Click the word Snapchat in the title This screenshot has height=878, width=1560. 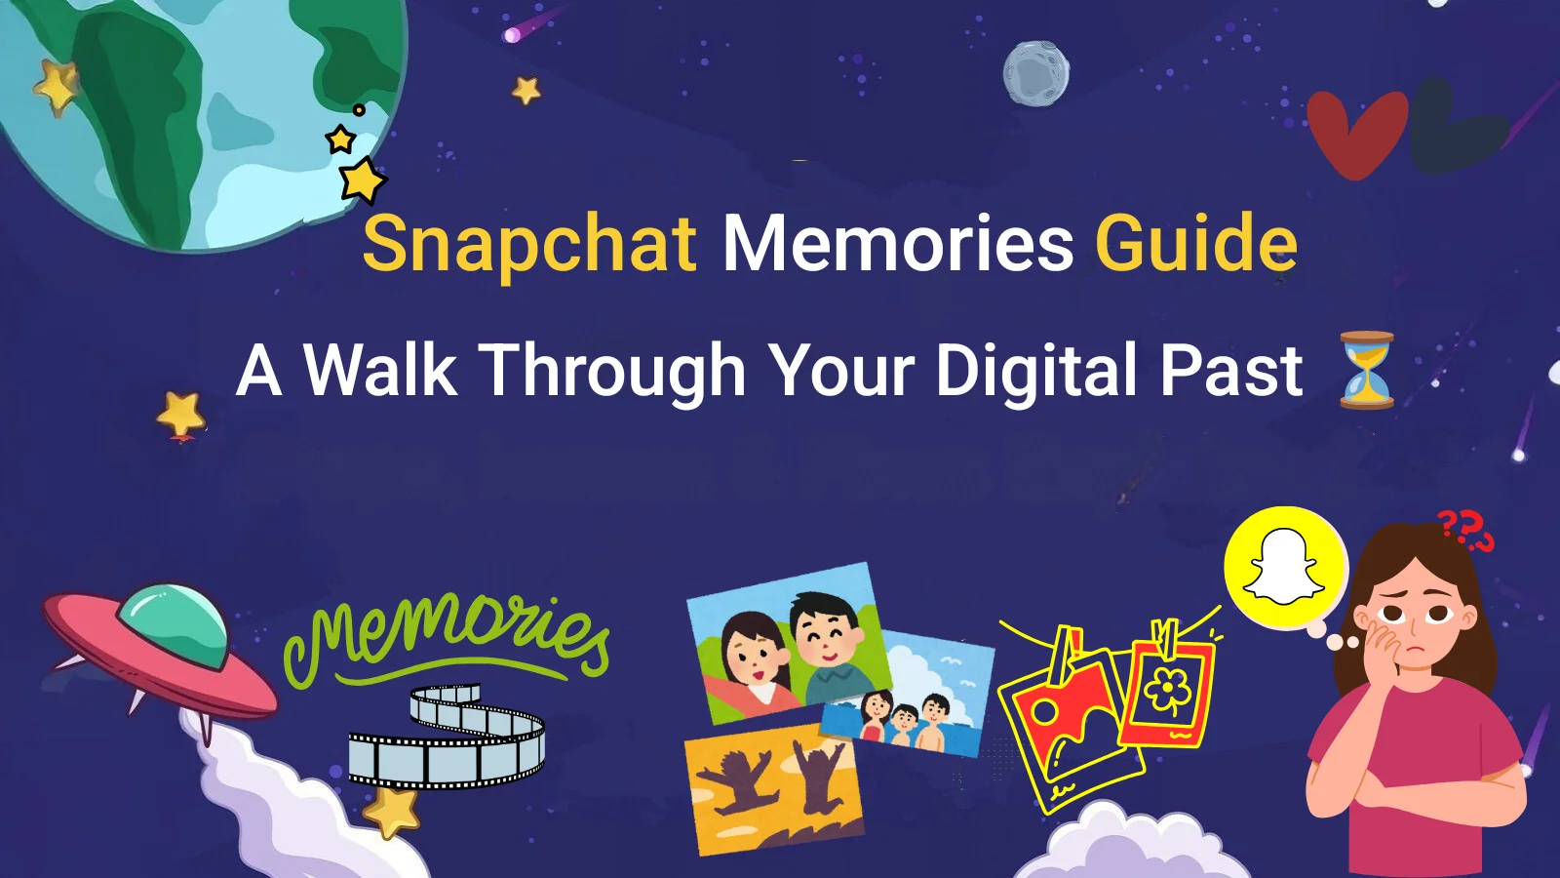coord(529,244)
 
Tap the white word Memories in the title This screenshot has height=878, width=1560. coord(898,243)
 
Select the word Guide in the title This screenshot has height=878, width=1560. coord(1196,241)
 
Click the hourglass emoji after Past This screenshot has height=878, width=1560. coord(1366,370)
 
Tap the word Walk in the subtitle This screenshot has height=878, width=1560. coord(380,369)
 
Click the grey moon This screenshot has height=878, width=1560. coord(1035,73)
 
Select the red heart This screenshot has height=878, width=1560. coord(1357,134)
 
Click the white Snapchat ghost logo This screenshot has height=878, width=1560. coord(1283,565)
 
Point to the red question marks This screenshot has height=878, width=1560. coord(1466,531)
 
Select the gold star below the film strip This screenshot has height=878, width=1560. coord(391,812)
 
